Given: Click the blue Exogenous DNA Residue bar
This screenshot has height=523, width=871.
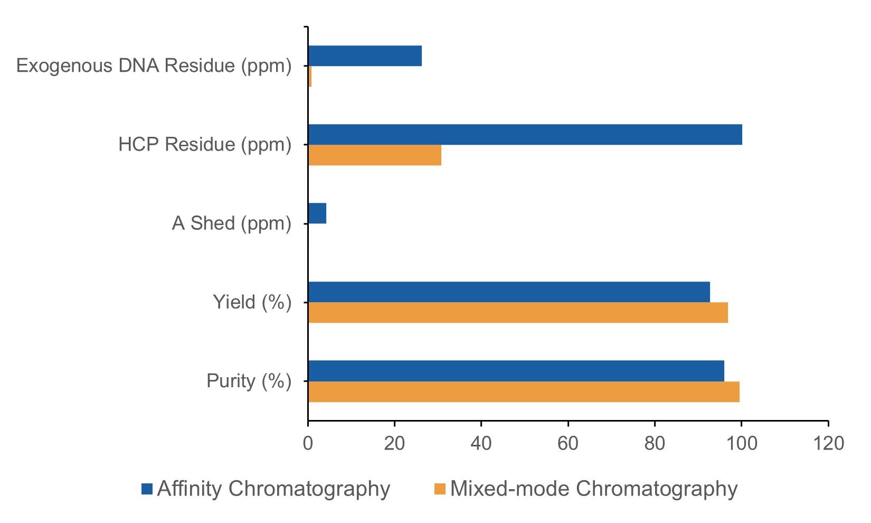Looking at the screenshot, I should coord(364,55).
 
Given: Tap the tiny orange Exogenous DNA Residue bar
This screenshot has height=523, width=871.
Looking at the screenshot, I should coord(310,77).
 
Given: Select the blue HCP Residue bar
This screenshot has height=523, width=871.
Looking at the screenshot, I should coord(525,134).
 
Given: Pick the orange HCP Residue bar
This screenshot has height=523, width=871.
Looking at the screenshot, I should coord(374,155).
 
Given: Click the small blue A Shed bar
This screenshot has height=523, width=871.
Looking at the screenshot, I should coord(317,213).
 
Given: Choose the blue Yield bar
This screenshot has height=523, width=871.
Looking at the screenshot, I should coord(508,292).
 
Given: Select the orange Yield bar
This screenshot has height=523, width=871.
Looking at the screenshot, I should coord(517,313).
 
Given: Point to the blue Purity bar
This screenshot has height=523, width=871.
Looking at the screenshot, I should coord(516,370).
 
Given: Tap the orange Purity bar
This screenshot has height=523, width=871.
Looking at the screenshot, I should coord(523,391).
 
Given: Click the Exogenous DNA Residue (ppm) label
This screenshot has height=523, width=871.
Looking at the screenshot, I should coord(154,66).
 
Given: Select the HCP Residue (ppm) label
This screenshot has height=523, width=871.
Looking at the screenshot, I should coord(205,145).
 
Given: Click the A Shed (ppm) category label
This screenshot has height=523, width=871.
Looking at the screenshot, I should coord(231,223).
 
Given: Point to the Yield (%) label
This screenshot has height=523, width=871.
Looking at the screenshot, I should coord(252,302).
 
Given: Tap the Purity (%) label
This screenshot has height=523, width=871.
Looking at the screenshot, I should coord(249,381).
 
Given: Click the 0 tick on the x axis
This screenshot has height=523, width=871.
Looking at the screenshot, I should coord(308,443).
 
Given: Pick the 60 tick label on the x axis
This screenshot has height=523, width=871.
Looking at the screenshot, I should coord(568,443).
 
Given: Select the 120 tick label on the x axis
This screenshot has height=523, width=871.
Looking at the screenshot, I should coord(828,443).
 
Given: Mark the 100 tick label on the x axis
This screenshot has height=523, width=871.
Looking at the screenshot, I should coord(741,443).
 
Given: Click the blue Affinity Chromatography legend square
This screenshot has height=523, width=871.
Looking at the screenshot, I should coord(147,489).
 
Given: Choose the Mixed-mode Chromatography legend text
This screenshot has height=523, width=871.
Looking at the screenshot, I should coord(593,489).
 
